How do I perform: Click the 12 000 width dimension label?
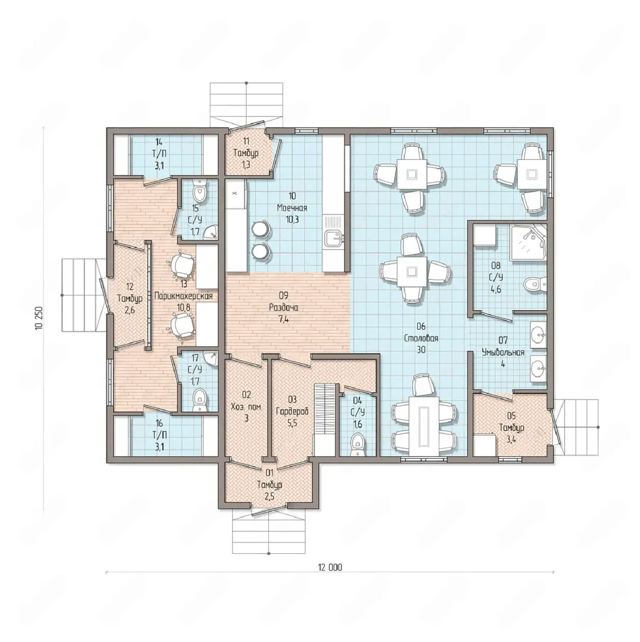[x=330, y=567]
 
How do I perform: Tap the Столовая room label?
[x=421, y=338]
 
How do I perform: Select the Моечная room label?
[x=292, y=208]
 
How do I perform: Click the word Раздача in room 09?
[x=284, y=307]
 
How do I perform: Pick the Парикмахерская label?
[x=183, y=296]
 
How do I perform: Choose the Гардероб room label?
[x=292, y=411]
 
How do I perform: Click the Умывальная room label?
[x=503, y=352]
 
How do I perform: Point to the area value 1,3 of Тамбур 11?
[x=246, y=165]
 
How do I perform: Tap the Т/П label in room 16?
[x=159, y=435]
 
